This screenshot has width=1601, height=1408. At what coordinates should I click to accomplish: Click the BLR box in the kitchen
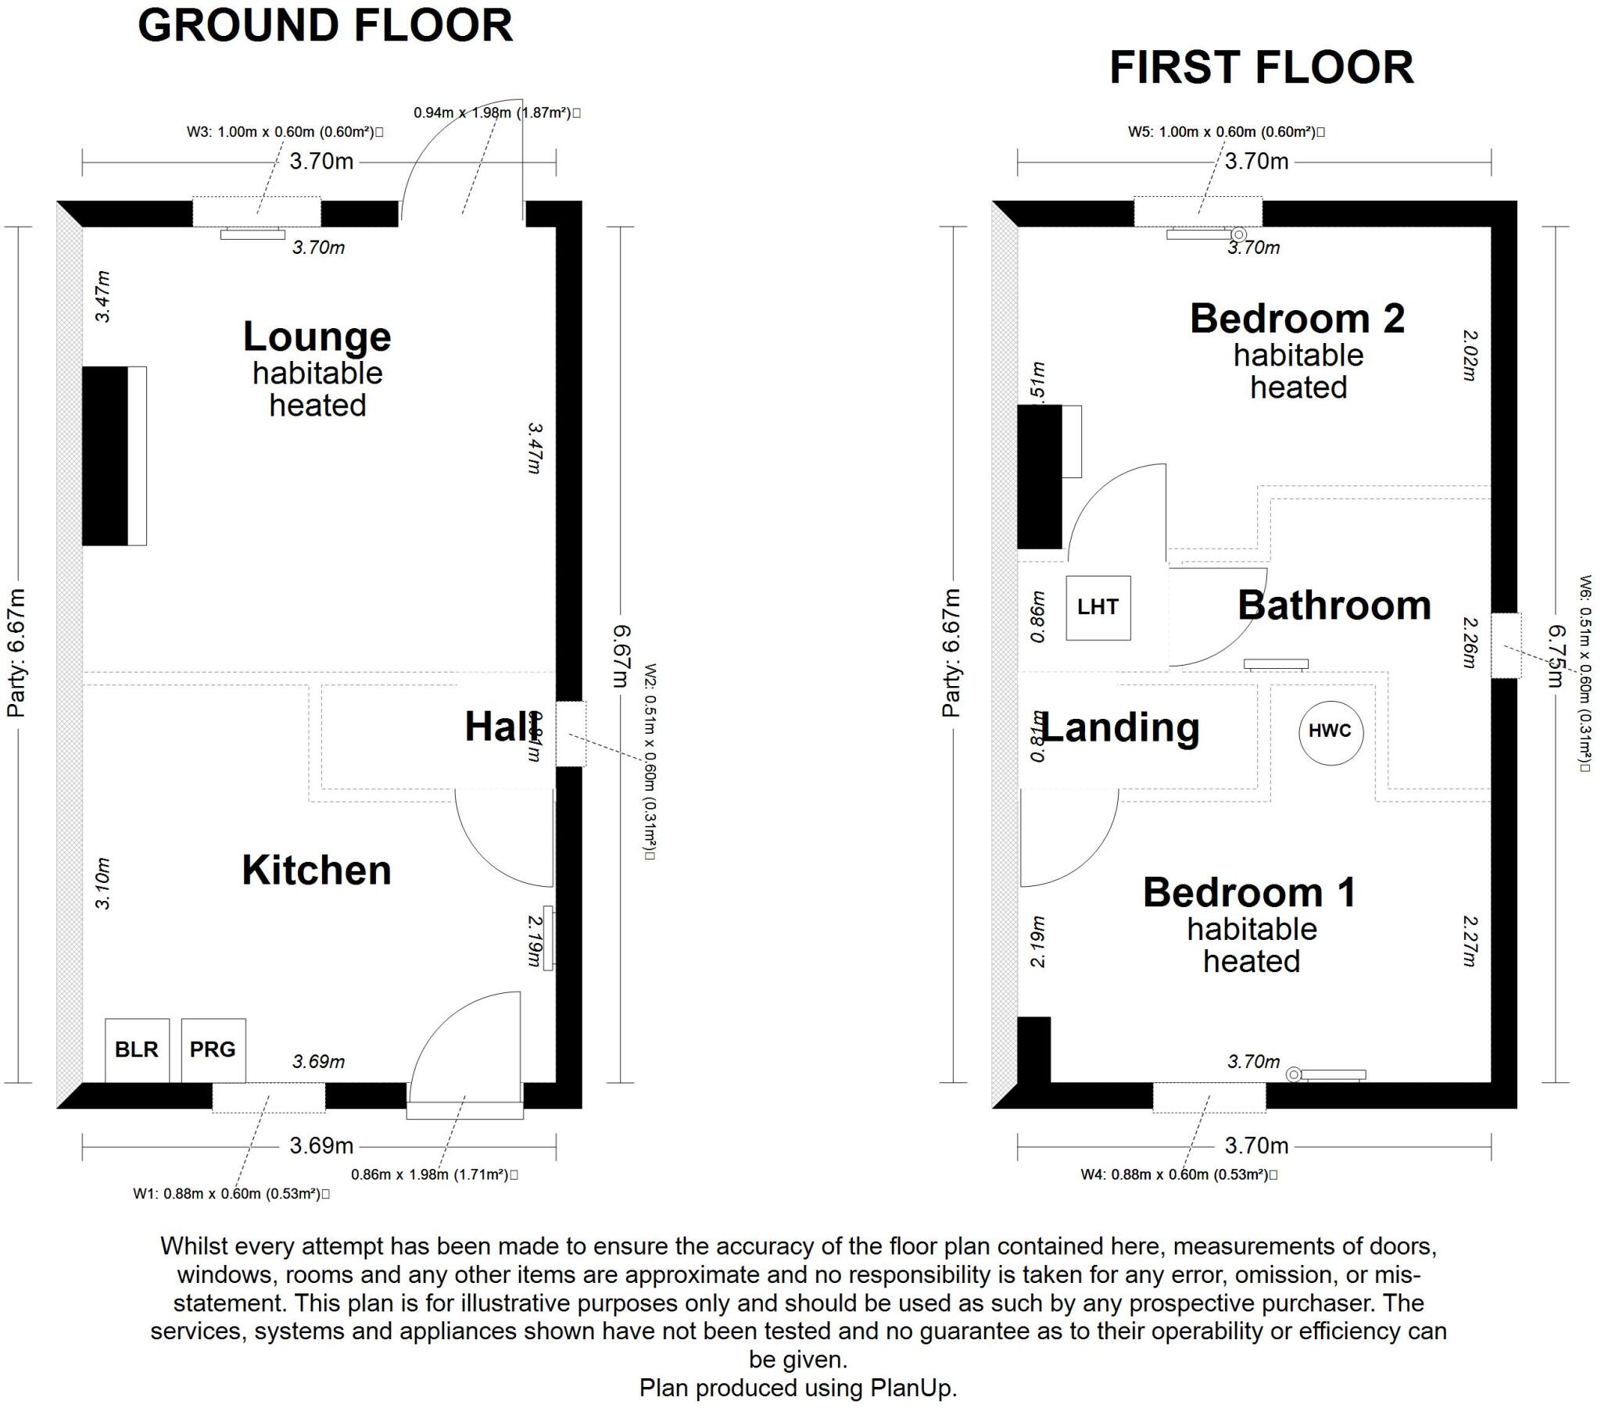point(136,1049)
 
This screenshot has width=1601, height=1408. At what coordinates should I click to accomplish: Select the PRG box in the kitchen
point(213,1049)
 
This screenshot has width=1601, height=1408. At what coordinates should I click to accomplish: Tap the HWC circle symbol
point(1330,731)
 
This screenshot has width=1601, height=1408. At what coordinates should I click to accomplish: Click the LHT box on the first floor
point(1098,607)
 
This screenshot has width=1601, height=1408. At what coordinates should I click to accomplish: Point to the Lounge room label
point(317,338)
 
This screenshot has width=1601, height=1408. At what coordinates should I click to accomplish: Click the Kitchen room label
point(317,870)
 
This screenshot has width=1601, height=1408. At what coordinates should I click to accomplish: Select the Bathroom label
point(1334,606)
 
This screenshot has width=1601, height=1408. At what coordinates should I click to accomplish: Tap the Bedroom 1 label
point(1249,893)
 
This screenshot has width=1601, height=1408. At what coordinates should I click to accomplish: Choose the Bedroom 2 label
point(1297,319)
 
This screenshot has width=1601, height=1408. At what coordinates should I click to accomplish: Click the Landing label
point(1120,727)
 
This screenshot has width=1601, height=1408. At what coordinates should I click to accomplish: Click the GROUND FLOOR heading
point(325,26)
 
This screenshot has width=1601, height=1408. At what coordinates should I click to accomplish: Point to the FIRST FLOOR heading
point(1261,67)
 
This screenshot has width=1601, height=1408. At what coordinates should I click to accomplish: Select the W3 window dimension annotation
point(285,132)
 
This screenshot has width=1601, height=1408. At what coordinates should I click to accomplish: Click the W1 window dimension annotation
point(231,1194)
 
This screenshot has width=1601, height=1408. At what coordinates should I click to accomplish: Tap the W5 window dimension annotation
point(1226,132)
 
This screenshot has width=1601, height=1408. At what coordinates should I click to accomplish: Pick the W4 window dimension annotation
point(1179,1174)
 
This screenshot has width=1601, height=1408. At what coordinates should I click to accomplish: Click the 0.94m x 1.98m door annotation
point(496,113)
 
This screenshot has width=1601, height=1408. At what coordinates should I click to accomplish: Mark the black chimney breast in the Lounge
point(105,456)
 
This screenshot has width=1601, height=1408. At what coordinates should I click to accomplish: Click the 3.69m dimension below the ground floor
point(321,1145)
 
